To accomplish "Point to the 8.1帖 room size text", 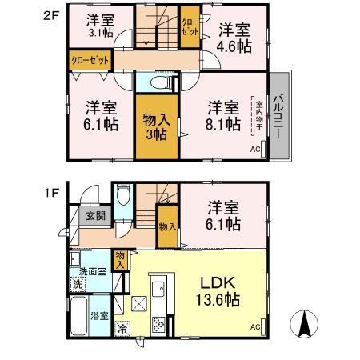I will (222, 124).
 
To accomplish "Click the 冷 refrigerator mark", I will (122, 328).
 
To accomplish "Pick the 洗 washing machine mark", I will (78, 285).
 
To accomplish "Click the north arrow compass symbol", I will (305, 325).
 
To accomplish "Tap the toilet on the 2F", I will (156, 83).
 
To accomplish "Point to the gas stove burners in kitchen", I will (158, 324).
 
